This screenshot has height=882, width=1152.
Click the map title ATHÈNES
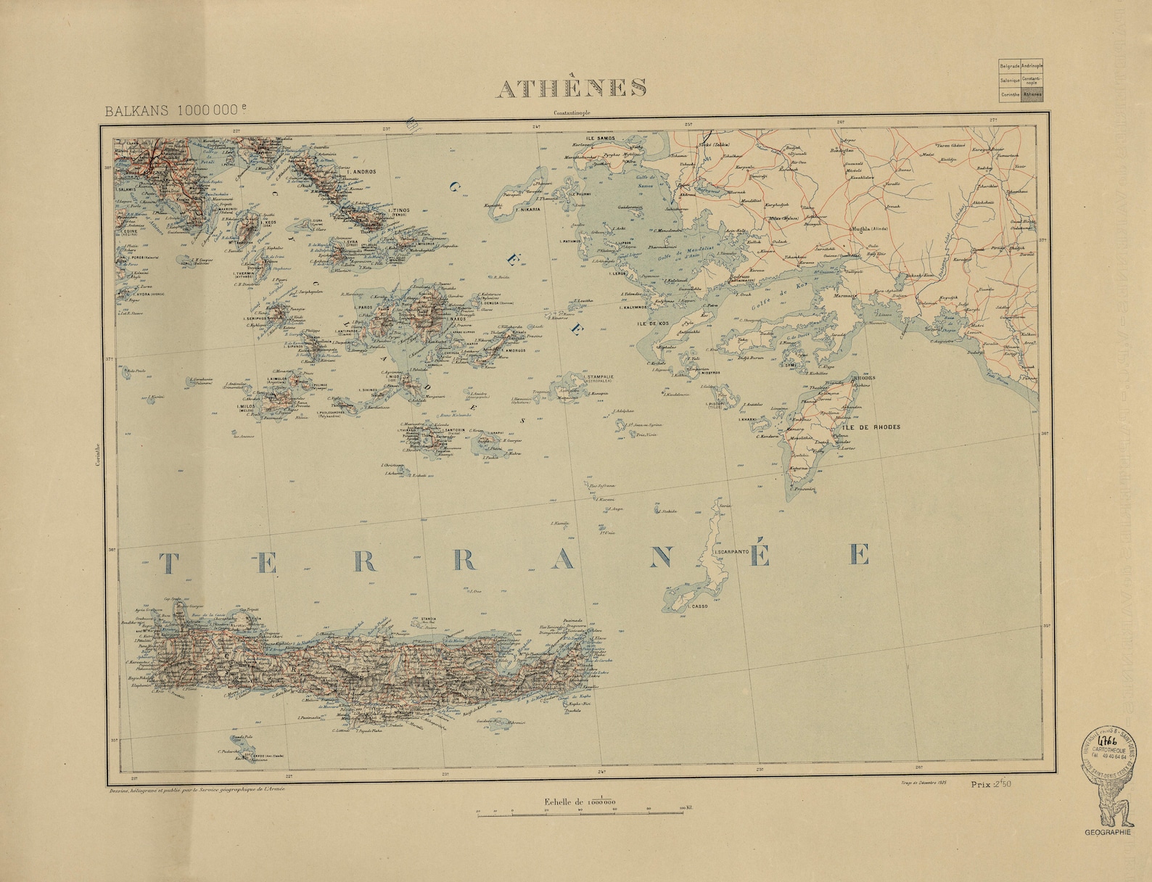point(571,86)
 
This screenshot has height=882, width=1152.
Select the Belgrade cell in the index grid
point(1008,65)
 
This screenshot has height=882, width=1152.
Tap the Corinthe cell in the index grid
point(1008,94)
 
